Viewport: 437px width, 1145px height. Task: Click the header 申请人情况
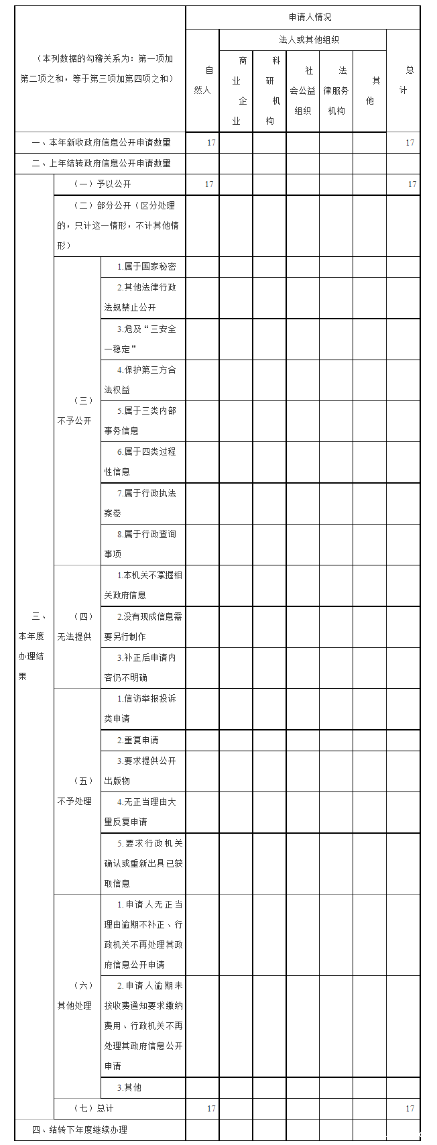pyautogui.click(x=310, y=17)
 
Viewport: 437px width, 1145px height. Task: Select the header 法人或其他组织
pyautogui.click(x=309, y=40)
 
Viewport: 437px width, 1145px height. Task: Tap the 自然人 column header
pyautogui.click(x=202, y=80)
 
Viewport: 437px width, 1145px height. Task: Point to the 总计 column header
pyautogui.click(x=403, y=80)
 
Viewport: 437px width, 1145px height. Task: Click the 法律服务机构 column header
pyautogui.click(x=336, y=91)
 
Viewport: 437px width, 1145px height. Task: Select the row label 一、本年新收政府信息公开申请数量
pyautogui.click(x=101, y=143)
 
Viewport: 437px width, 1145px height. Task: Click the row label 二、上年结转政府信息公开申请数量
pyautogui.click(x=101, y=163)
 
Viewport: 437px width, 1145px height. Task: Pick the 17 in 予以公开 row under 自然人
pyautogui.click(x=209, y=184)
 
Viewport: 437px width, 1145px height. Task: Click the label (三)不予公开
pyautogui.click(x=74, y=411)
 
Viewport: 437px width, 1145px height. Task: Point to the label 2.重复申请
pyautogui.click(x=137, y=741)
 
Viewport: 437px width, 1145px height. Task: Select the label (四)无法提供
pyautogui.click(x=74, y=626)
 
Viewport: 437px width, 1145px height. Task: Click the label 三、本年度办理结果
pyautogui.click(x=32, y=646)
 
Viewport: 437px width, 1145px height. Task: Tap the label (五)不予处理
pyautogui.click(x=74, y=792)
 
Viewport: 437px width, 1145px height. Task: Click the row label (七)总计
pyautogui.click(x=94, y=1108)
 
